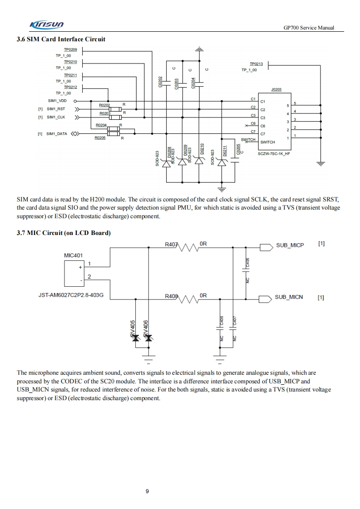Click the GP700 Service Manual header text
pos(308,28)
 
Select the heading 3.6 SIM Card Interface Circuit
pos(61,39)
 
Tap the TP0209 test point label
pos(70,50)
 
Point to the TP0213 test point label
pos(256,64)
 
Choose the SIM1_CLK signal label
pos(56,117)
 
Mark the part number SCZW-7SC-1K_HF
pos(274,154)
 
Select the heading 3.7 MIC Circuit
pos(64,233)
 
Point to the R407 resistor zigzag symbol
pos(188,247)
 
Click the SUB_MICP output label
pos(290,245)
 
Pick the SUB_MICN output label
pos(289,298)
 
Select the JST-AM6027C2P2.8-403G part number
pos(71,295)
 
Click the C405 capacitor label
pos(247,262)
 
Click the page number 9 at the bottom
pos(147,491)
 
